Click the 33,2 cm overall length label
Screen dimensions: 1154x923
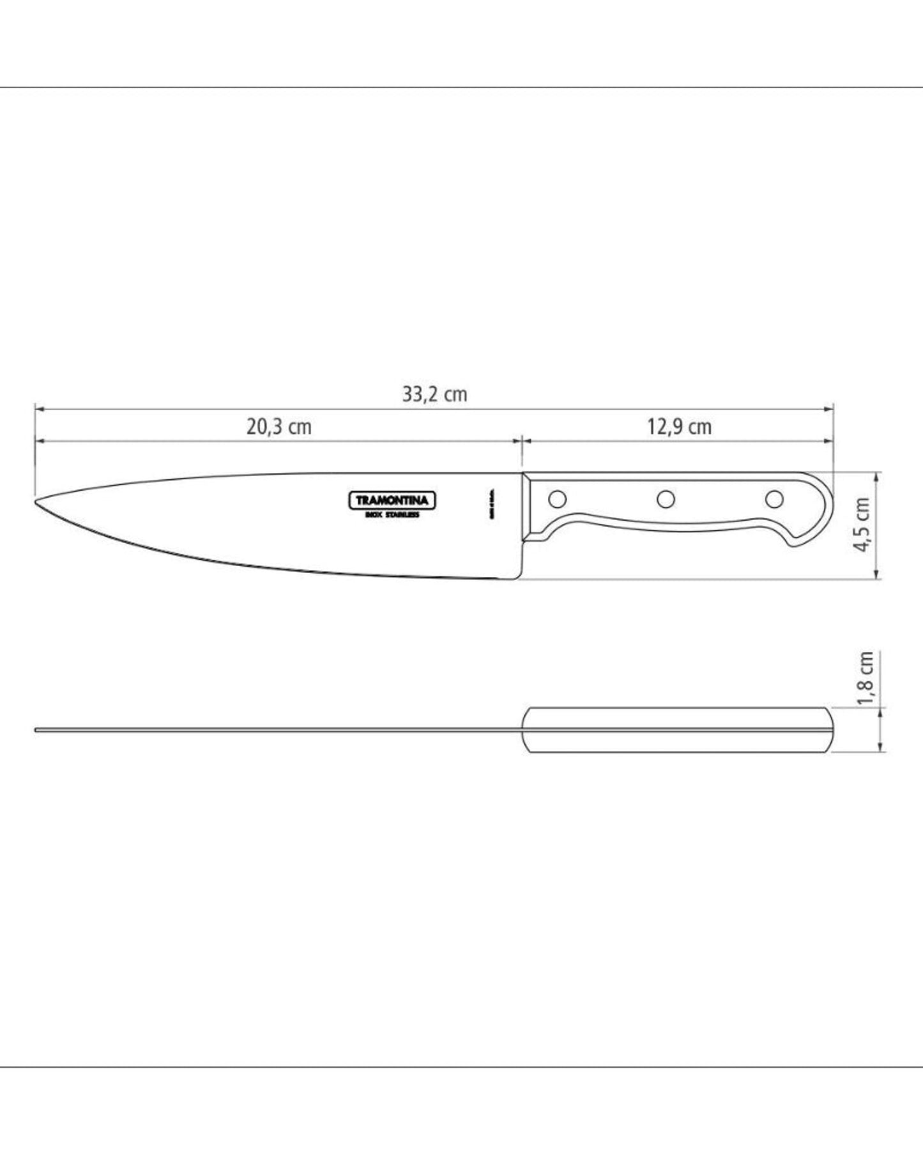pos(434,394)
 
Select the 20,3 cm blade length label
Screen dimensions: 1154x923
pos(279,427)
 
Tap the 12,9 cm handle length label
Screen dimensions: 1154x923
pos(679,426)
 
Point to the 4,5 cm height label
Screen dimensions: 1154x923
pos(864,525)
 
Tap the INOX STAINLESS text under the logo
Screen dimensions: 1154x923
pos(392,515)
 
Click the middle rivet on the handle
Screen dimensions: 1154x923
pos(666,497)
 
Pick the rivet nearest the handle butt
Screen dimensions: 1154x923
pos(774,497)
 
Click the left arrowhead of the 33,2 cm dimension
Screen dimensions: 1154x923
pos(38,408)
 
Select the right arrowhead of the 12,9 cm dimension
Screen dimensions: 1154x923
pos(830,441)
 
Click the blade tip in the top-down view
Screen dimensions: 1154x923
pos(36,730)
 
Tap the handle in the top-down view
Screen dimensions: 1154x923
pos(677,730)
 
